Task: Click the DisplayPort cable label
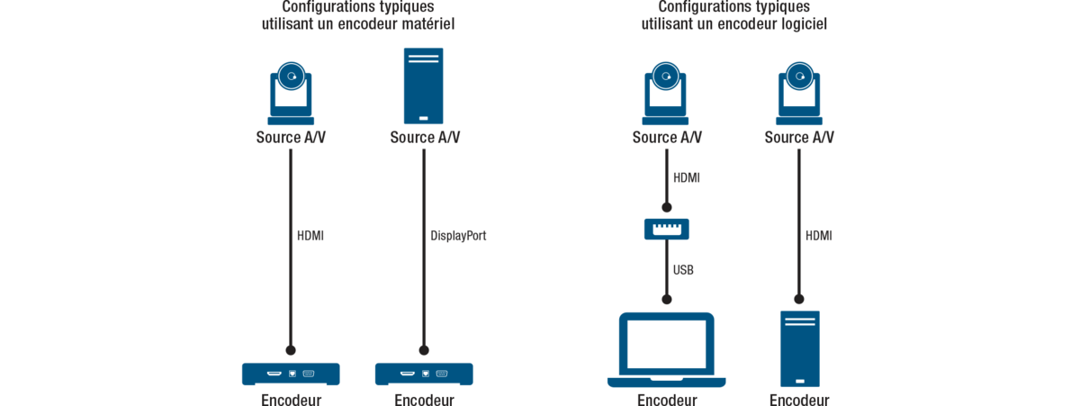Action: pos(459,236)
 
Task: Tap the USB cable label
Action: pos(683,269)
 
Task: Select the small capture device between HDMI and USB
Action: pos(666,229)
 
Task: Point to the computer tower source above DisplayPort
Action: pos(423,86)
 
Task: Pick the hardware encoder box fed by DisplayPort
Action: pos(424,374)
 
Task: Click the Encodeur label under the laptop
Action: pos(667,399)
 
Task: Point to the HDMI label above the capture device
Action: pos(686,177)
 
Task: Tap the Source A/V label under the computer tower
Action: pos(425,138)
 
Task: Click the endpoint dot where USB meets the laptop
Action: pos(666,298)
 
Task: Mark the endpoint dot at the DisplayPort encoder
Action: pos(424,349)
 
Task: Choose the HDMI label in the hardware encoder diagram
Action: pos(310,236)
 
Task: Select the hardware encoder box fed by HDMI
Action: pos(291,374)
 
